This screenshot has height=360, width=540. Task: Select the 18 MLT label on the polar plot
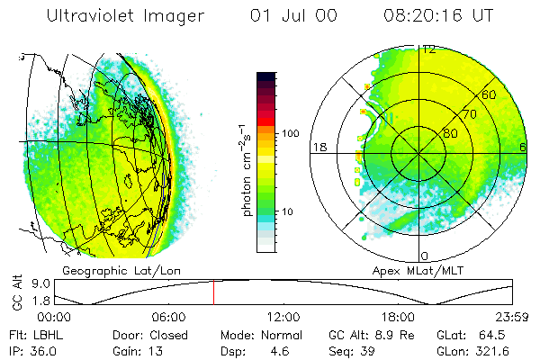tap(318, 147)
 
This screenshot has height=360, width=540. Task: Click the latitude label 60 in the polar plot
tap(489, 94)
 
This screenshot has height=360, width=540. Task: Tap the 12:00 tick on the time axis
tap(283, 317)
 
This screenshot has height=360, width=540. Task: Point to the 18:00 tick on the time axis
tap(398, 317)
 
